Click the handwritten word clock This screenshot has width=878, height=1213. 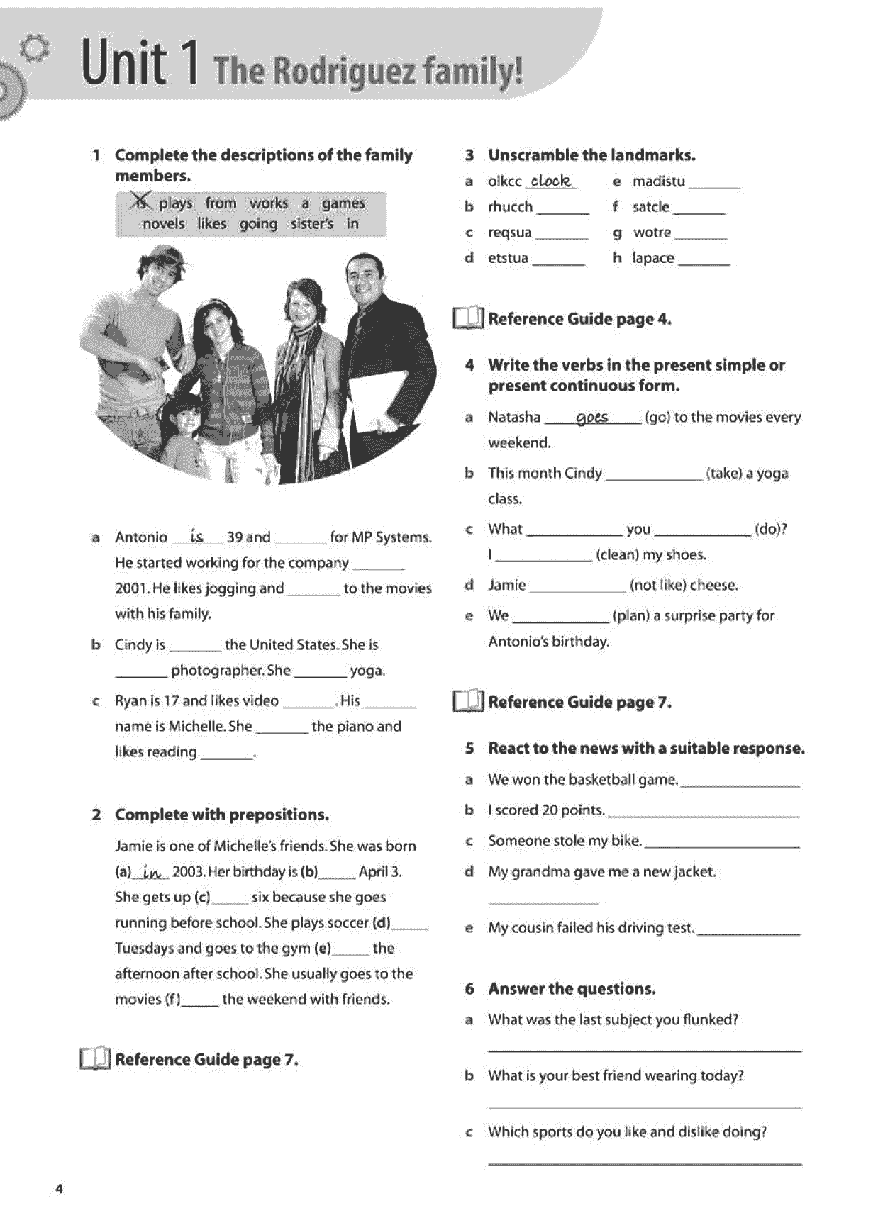pos(551,181)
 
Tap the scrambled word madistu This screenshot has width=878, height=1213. pos(659,181)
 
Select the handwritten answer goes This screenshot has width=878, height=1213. pos(592,418)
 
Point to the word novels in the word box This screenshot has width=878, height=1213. pos(163,224)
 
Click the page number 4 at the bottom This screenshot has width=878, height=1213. pos(59,1189)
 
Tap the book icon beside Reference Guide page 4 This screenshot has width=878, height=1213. pos(468,318)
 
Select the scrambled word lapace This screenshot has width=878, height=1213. pos(653,258)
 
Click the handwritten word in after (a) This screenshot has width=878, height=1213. pos(152,872)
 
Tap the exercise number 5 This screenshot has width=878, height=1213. pos(469,749)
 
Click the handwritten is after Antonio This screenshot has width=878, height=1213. pos(197,537)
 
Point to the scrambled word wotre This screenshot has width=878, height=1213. pos(652,233)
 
